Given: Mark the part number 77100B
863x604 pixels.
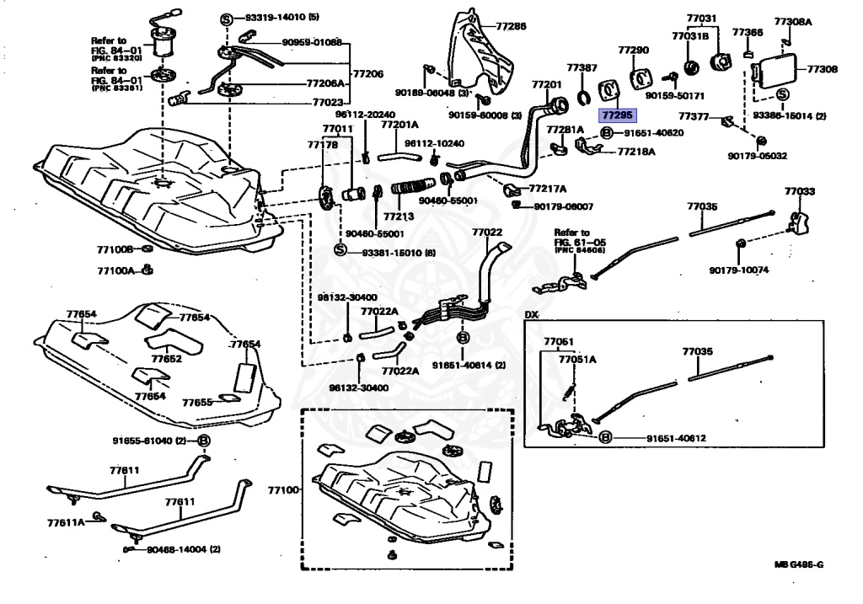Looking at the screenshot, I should [115, 250].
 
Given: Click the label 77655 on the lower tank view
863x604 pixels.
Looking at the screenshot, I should [198, 403].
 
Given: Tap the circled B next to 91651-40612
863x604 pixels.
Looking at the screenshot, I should [604, 438].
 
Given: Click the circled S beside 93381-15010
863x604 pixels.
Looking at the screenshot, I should [340, 251].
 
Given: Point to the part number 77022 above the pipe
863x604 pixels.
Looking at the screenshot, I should [487, 232].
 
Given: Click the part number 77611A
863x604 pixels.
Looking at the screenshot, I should [66, 522].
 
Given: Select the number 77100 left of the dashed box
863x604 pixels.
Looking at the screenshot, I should [283, 489].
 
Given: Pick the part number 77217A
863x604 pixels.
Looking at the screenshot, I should [547, 189].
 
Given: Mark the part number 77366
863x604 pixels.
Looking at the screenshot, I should [747, 33].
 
